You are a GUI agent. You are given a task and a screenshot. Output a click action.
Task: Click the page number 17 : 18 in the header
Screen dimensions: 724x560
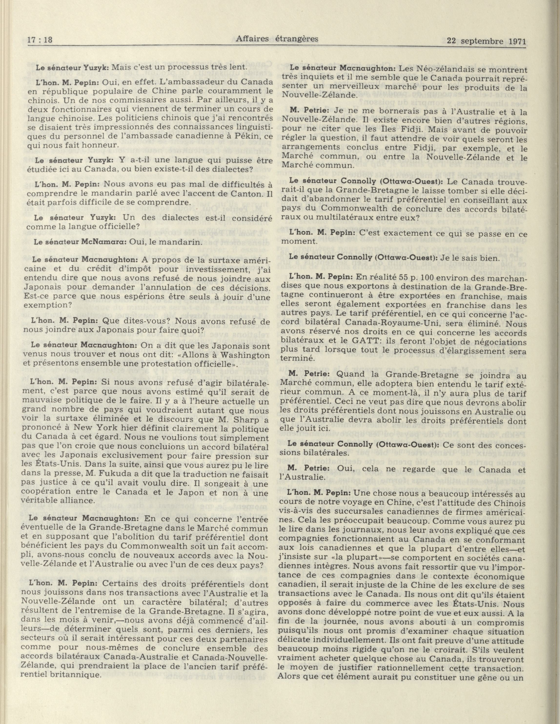click(x=41, y=40)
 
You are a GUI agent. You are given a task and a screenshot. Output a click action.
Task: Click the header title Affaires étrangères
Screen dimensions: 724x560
click(x=277, y=39)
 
